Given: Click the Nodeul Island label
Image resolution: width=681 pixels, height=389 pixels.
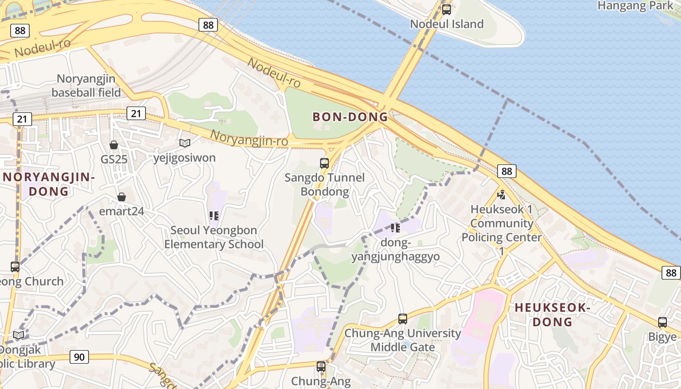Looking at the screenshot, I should pos(447,24).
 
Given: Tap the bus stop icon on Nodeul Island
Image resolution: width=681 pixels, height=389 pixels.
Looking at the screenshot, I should pos(446,9).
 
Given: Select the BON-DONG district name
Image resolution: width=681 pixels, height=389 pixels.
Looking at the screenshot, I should pos(350,117).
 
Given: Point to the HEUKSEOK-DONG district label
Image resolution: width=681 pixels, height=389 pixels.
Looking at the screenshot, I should pos(552,315).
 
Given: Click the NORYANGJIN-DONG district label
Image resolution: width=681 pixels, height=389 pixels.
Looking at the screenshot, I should pos(49,184).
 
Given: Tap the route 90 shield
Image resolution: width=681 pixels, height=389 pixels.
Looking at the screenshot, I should pos(79,357).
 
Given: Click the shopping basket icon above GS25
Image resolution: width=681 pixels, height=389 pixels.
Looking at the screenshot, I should pos(114,145).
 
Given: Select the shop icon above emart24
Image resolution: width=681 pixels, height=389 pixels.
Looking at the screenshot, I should pos(121,197).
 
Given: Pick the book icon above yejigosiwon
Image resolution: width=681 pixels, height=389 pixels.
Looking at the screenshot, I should pos(185,143).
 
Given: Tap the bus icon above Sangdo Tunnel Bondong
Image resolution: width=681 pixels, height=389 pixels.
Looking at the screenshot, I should pos(324,163).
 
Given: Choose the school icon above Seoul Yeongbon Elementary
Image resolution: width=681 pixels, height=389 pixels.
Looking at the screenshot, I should pos(214,215).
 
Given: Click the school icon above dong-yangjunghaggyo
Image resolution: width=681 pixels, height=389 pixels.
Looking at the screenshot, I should pos(395,228).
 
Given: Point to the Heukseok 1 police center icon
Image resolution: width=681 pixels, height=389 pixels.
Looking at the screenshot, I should pos(502,195).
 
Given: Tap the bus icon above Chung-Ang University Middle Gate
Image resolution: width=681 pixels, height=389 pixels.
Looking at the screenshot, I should pos(403,319).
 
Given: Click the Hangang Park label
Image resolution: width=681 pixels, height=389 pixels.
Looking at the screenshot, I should pos(634,6).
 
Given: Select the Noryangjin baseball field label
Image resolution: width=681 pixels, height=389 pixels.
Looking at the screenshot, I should pos(87,85).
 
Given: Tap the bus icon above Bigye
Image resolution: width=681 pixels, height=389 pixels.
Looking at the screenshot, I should pos(663,322).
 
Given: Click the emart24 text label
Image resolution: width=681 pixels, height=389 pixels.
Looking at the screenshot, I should pos(122,211).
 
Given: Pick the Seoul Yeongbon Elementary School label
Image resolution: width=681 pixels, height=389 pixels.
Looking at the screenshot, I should pos(214,237).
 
